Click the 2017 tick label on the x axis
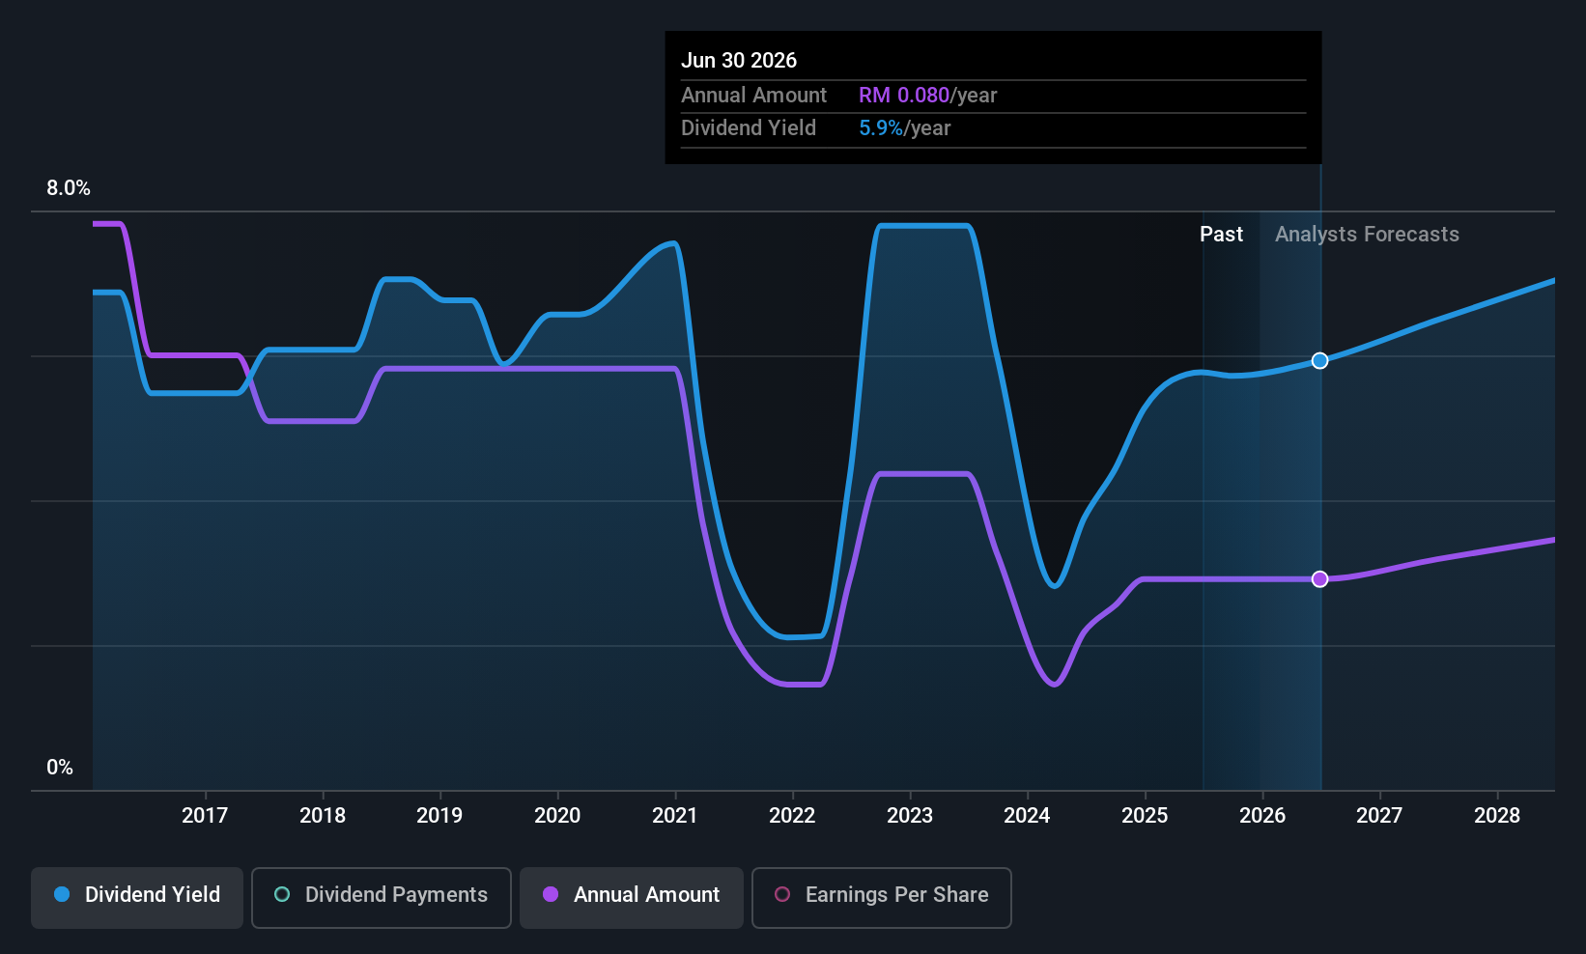[205, 815]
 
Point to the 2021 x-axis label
[675, 815]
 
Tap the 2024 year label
[1027, 815]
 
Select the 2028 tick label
[1497, 815]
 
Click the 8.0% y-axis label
[69, 188]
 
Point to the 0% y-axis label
[60, 768]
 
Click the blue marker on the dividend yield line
[1319, 361]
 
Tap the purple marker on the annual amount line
[1319, 579]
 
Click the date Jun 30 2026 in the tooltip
[739, 61]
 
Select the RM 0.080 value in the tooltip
[903, 96]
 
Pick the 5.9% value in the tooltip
[881, 128]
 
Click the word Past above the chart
[1221, 235]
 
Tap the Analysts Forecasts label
[1367, 235]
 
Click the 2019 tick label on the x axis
[439, 815]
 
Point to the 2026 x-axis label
[1261, 815]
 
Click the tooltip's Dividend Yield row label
[749, 128]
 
